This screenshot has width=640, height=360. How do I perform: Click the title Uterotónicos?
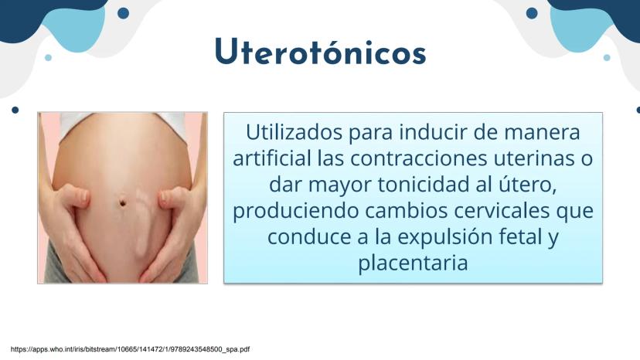321,52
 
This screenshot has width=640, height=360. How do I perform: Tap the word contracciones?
419,158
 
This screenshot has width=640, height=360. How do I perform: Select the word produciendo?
296,212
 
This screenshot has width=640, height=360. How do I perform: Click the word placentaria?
413,263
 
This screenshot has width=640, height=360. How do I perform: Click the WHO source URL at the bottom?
130,349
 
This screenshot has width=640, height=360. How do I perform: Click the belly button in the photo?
122,202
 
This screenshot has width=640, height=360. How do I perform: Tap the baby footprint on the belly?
143,222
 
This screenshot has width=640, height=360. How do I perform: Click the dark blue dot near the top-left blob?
123,13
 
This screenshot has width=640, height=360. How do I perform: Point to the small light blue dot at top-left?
48,57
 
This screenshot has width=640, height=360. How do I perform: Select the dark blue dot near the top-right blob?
532,13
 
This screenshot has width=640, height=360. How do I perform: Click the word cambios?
406,211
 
